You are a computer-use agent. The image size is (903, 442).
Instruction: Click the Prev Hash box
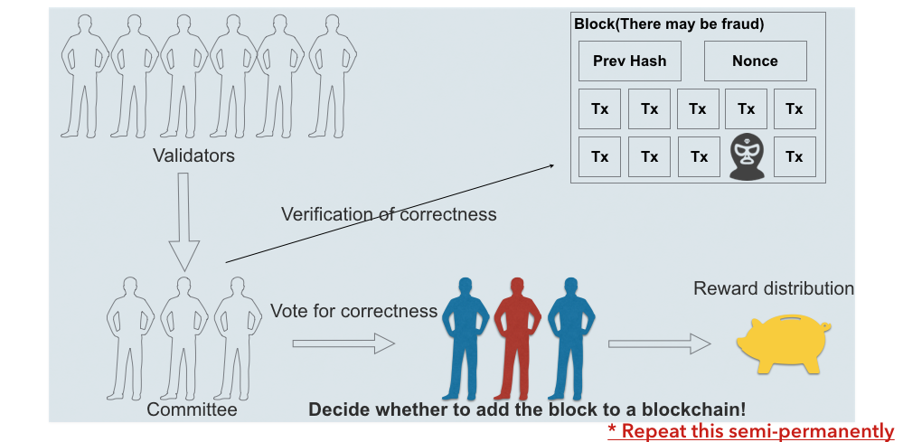pos(629,61)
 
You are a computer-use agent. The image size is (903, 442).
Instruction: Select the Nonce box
pos(755,61)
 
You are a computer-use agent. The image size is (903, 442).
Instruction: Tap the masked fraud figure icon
pos(747,156)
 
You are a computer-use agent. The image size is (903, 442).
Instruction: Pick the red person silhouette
pos(516,339)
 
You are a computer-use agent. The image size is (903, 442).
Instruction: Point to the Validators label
pos(193,155)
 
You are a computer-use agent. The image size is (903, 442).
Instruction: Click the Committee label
pos(193,410)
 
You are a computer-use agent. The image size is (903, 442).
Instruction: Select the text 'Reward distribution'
pos(773,288)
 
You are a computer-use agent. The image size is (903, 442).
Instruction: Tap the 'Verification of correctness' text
pos(389,214)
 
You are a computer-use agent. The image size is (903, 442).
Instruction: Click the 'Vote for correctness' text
pos(353,311)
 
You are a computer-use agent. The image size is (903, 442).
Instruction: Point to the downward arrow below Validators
pos(183,222)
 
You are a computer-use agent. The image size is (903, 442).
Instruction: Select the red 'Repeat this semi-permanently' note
pos(750,431)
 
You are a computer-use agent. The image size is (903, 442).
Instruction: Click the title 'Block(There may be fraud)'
pos(669,24)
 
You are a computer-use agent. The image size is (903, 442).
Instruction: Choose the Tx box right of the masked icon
pos(795,156)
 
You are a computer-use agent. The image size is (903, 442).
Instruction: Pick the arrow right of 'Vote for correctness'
pos(343,343)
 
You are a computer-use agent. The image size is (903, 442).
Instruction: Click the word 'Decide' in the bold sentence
pos(336,409)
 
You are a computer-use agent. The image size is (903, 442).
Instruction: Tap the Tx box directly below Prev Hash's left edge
pos(600,108)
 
